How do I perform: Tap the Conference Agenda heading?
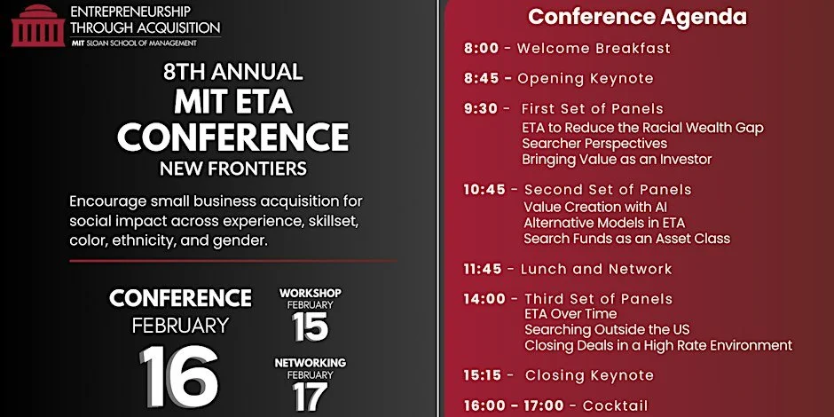tap(637, 17)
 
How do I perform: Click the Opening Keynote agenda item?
tap(585, 78)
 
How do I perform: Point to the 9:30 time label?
tap(483, 109)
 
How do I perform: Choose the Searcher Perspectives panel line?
tap(594, 143)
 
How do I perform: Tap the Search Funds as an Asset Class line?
tap(626, 238)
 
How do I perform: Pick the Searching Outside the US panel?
tap(613, 329)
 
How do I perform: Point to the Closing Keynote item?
tap(589, 375)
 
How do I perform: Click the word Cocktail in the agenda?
tap(616, 405)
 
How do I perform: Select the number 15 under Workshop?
tap(310, 327)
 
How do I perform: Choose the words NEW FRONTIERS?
tap(232, 168)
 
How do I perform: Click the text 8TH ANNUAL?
tap(232, 72)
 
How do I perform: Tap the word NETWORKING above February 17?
tap(310, 363)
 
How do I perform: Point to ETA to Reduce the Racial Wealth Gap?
tap(643, 127)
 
